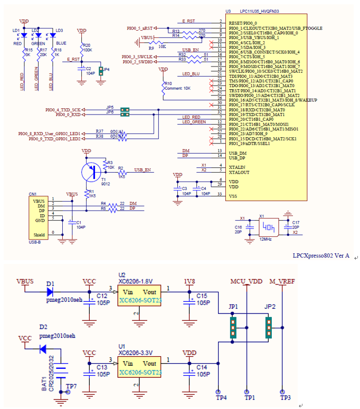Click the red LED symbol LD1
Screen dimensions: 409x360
[24, 35]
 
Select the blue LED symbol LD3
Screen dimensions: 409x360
[52, 35]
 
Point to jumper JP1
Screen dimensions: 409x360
[232, 328]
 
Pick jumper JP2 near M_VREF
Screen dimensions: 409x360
[268, 327]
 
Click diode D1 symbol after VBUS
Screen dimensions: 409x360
[51, 290]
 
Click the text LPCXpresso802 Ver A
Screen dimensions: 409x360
[320, 255]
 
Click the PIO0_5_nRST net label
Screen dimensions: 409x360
[140, 27]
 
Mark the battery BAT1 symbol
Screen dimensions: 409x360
[62, 373]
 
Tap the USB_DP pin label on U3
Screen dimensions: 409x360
[238, 157]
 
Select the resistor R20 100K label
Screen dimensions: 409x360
[87, 48]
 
